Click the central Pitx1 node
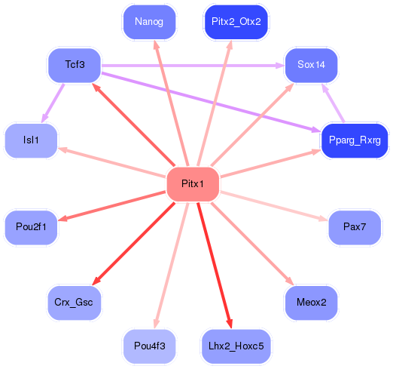pos(192,184)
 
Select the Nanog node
pos(149,21)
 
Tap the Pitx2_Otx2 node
pos(236,21)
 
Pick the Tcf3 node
pos(75,65)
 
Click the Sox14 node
pos(311,65)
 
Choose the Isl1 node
pos(31,140)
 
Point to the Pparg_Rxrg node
pos(354,140)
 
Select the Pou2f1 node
pos(31,227)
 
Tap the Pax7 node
pos(354,227)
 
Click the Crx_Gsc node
pos(75,303)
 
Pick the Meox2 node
pos(311,303)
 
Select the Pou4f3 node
pos(149,346)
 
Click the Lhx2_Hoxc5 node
pos(236,346)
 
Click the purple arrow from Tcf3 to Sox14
pos(192,66)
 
